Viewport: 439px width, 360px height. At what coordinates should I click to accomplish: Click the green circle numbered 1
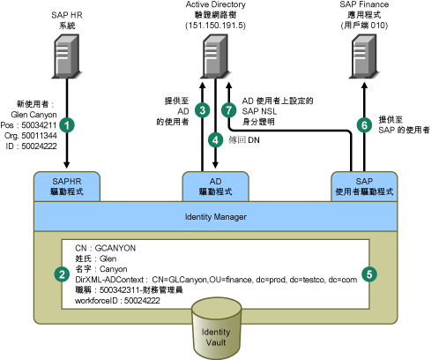pyautogui.click(x=67, y=125)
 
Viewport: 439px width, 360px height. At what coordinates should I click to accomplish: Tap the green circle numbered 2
pyautogui.click(x=62, y=274)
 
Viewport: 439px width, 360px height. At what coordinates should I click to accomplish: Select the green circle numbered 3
pyautogui.click(x=203, y=110)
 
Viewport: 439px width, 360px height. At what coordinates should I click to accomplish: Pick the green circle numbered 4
pyautogui.click(x=216, y=139)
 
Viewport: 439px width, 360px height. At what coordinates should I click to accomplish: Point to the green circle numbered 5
pyautogui.click(x=369, y=274)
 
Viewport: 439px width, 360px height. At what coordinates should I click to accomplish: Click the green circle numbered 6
pyautogui.click(x=364, y=125)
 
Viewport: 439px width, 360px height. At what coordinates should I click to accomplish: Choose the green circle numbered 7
pyautogui.click(x=229, y=110)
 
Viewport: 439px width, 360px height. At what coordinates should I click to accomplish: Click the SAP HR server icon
pyautogui.click(x=67, y=56)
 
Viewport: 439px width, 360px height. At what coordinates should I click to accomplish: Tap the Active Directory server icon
pyautogui.click(x=216, y=56)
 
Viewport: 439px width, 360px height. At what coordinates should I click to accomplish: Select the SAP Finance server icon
pyautogui.click(x=364, y=56)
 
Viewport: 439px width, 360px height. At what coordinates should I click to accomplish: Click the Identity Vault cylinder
pyautogui.click(x=216, y=329)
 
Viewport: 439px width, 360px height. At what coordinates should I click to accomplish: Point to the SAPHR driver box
pyautogui.click(x=67, y=187)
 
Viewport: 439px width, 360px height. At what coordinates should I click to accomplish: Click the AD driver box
pyautogui.click(x=216, y=187)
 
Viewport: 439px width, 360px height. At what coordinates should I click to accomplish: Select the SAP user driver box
pyautogui.click(x=364, y=187)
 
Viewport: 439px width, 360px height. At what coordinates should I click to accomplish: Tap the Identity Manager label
pyautogui.click(x=216, y=217)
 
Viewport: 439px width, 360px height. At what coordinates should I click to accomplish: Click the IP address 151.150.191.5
pyautogui.click(x=215, y=26)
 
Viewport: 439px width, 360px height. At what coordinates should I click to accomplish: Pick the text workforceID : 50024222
pyautogui.click(x=117, y=301)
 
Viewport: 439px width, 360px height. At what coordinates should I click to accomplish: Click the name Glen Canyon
pyautogui.click(x=33, y=115)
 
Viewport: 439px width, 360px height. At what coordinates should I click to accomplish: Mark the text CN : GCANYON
pyautogui.click(x=106, y=248)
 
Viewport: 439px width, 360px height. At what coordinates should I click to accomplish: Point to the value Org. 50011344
pyautogui.click(x=31, y=136)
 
